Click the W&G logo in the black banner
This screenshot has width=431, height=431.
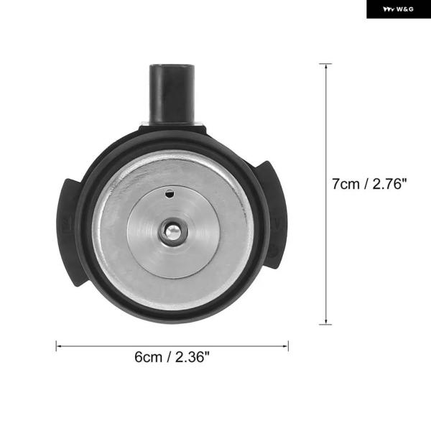(x=398, y=9)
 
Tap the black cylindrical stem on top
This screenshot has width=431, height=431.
(x=172, y=94)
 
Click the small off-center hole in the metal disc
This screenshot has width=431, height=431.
(x=170, y=193)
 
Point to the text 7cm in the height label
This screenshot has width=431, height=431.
(x=346, y=184)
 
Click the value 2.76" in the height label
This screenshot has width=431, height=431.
(x=389, y=184)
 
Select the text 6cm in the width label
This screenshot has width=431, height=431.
(x=148, y=357)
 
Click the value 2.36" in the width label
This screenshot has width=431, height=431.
(x=192, y=357)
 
